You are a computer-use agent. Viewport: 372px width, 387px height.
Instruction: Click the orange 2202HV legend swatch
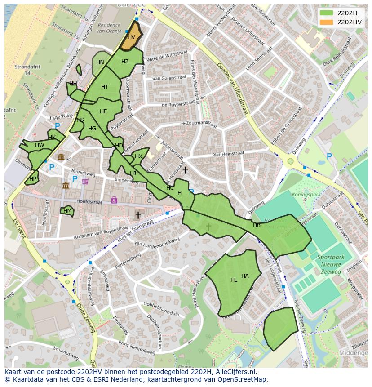(x=327, y=21)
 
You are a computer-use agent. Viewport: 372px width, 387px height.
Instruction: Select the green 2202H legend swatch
(x=327, y=13)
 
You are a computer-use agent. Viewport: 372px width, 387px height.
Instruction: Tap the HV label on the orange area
(x=131, y=38)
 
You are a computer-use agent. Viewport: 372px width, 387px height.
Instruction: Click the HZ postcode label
(x=125, y=62)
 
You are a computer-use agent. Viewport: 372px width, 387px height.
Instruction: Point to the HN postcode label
(x=100, y=62)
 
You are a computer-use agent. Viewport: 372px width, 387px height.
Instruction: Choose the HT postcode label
(x=105, y=87)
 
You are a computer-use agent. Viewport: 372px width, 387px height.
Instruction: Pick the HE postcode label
(x=103, y=111)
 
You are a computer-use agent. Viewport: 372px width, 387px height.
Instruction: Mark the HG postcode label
(x=92, y=129)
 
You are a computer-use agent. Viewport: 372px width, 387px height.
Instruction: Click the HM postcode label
(x=67, y=210)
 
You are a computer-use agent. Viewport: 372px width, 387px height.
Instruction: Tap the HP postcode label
(x=33, y=178)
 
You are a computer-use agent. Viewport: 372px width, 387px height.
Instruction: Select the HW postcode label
(x=40, y=145)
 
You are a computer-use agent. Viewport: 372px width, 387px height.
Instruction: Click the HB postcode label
(x=257, y=225)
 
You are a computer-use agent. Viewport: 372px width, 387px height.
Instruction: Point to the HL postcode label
(x=234, y=280)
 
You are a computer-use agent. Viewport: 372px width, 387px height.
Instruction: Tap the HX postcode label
(x=138, y=156)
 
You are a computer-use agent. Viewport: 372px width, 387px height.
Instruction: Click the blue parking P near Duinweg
(x=329, y=156)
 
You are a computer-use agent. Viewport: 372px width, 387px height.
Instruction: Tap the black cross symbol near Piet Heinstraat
(x=185, y=170)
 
